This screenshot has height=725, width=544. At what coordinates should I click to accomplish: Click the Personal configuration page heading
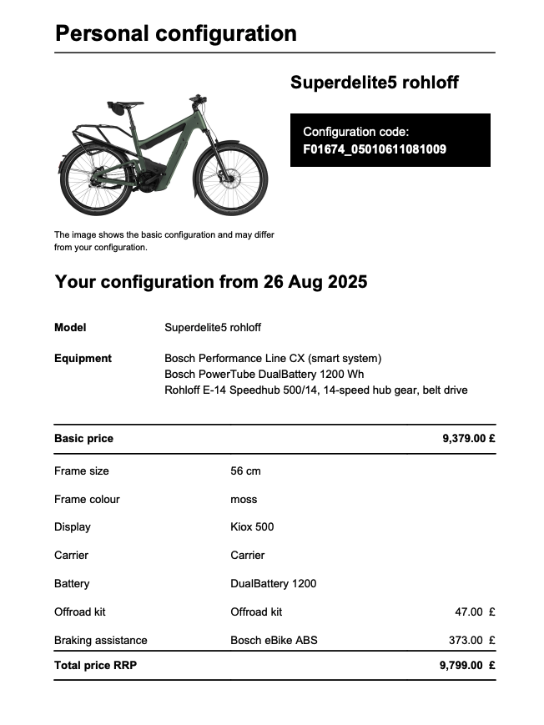pyautogui.click(x=175, y=34)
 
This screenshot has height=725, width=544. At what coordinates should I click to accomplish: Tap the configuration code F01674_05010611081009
pyautogui.click(x=375, y=150)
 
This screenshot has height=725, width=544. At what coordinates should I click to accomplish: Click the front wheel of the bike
pyautogui.click(x=230, y=179)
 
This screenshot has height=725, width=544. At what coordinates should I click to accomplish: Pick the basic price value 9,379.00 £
pyautogui.click(x=468, y=439)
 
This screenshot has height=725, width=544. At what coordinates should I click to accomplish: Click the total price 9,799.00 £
pyautogui.click(x=467, y=666)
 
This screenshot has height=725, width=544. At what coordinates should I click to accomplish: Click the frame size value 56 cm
pyautogui.click(x=245, y=471)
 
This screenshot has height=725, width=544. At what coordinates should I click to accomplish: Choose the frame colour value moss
pyautogui.click(x=244, y=500)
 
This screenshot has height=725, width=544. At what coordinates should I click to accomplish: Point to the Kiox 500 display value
pyautogui.click(x=252, y=527)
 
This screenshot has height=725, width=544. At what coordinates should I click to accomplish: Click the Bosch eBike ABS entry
pyautogui.click(x=274, y=641)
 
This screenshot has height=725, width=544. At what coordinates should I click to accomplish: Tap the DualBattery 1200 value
pyautogui.click(x=273, y=584)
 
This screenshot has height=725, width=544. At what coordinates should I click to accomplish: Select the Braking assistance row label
pyautogui.click(x=100, y=641)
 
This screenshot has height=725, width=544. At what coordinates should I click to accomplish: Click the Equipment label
pyautogui.click(x=83, y=359)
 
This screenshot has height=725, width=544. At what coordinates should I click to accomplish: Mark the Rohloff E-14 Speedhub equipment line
pyautogui.click(x=315, y=390)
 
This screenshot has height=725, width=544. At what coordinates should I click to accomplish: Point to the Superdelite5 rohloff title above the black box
pyautogui.click(x=374, y=83)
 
